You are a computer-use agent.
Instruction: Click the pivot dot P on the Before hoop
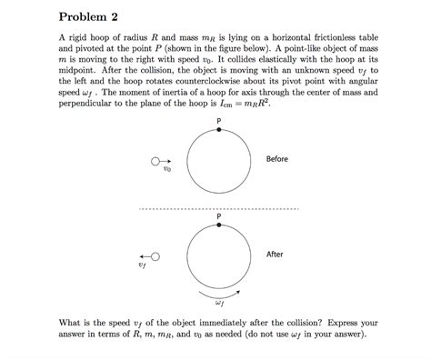pyautogui.click(x=219, y=130)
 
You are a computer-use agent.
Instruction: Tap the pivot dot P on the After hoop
pyautogui.click(x=219, y=225)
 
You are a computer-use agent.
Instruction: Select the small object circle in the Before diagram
pyautogui.click(x=155, y=161)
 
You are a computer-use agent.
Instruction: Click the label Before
pyautogui.click(x=276, y=159)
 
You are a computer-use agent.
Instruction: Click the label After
pyautogui.click(x=275, y=255)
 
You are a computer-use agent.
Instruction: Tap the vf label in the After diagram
pyautogui.click(x=141, y=267)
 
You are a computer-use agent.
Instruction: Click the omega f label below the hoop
pyautogui.click(x=219, y=305)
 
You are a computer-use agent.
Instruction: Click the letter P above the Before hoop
pyautogui.click(x=219, y=120)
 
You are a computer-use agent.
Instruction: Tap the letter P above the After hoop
pyautogui.click(x=219, y=215)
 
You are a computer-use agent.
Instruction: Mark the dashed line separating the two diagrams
pyautogui.click(x=218, y=207)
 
